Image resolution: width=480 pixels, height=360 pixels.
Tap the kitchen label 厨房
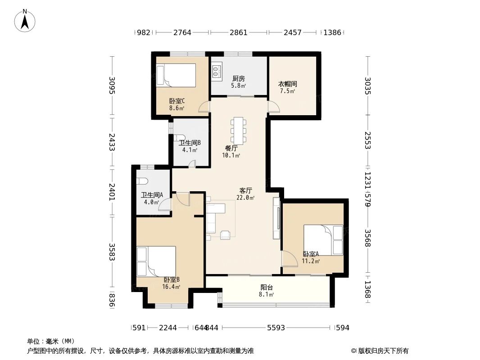coord(238,78)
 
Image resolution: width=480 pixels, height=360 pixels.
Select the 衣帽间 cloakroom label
coord(287,84)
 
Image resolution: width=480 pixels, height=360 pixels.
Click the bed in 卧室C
coord(176,75)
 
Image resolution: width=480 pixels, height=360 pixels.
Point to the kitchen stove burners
coord(217,70)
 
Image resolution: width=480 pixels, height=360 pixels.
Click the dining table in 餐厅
coord(238,130)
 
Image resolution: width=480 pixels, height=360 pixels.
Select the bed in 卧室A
coord(323,239)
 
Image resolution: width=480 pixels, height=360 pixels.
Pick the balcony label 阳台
coord(267,288)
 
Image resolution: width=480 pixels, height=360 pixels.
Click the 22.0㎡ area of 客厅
coord(245,198)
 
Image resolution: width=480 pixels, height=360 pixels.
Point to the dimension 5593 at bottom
coord(276,328)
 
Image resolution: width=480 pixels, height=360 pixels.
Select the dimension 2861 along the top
coord(239,32)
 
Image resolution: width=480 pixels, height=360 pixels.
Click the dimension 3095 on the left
coord(112,85)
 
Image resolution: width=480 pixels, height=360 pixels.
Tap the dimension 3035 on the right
coord(368,85)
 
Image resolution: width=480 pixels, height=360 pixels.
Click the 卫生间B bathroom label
coord(190,143)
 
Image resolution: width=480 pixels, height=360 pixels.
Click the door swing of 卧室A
coord(287,259)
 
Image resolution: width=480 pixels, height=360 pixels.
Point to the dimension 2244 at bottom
coord(168,328)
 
